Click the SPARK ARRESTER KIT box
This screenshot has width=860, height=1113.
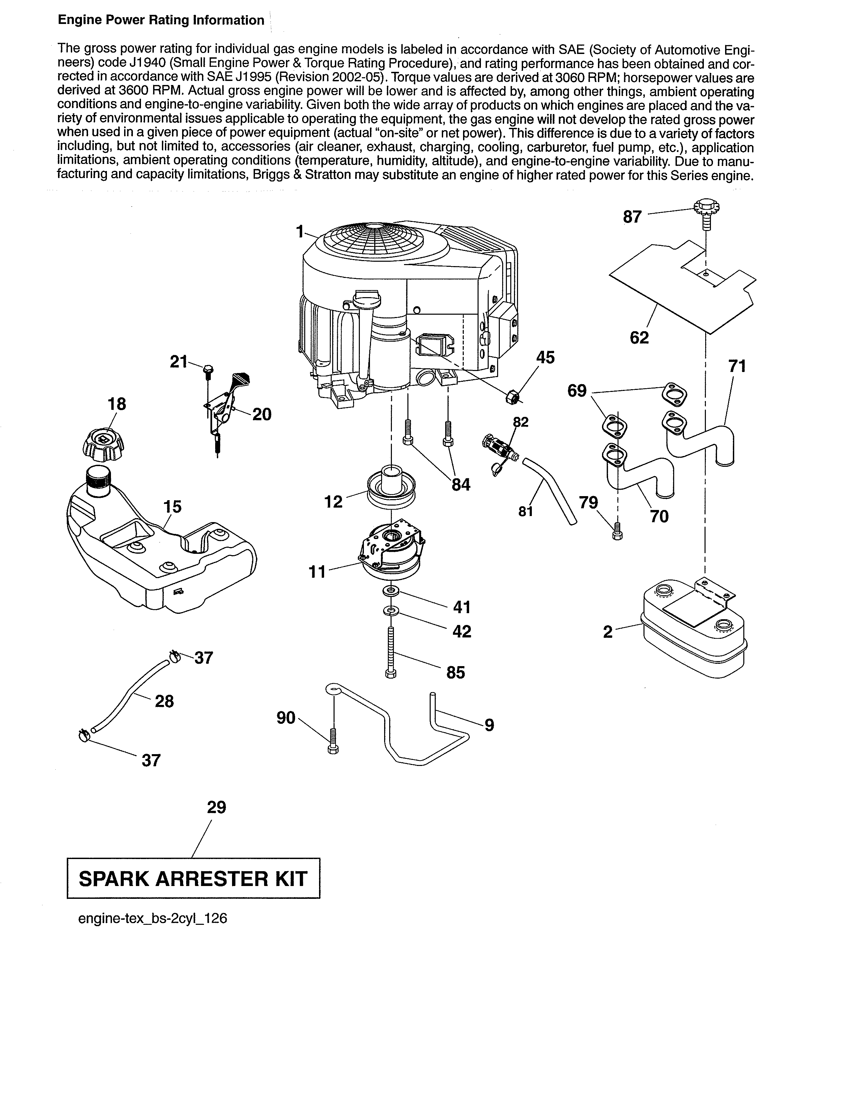coord(194,879)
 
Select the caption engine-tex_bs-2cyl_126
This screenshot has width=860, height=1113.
coord(152,918)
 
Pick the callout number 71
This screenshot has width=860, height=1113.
coord(737,366)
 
